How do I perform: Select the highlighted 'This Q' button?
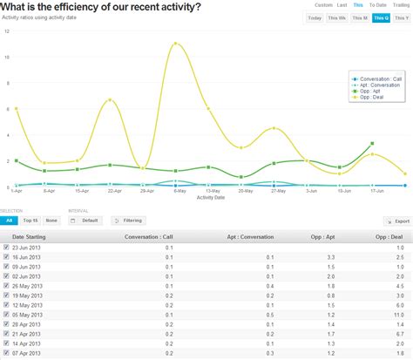coord(381,17)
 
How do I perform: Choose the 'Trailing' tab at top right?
coord(401,5)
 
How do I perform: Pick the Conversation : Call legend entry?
coord(380,78)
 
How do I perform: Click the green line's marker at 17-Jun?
coord(372,143)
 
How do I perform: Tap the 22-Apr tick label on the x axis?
coord(113,190)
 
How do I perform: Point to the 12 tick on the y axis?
coord(7,31)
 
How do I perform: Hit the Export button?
coord(398,221)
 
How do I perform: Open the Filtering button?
coord(129,221)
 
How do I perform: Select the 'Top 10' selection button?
coord(30,221)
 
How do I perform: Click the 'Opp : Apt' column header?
coord(324,236)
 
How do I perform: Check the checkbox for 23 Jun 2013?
coord(7,248)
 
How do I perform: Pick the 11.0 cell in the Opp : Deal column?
coord(398,315)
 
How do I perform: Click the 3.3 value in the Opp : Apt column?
coord(331,258)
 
